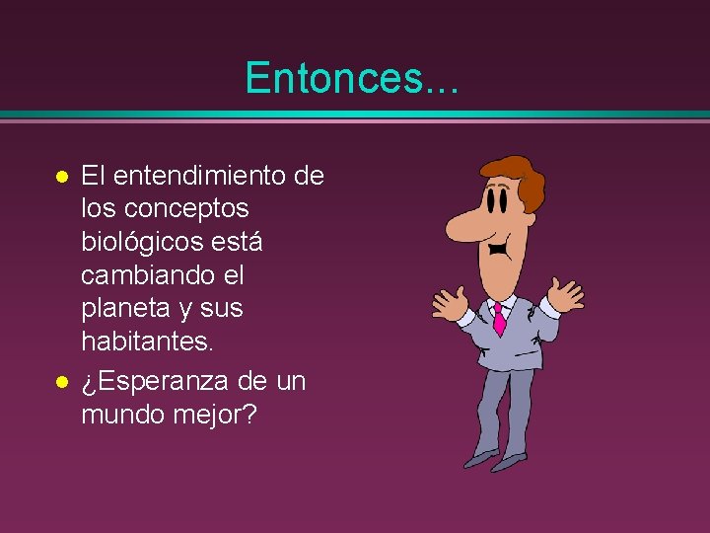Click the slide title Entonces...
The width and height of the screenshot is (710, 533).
point(351,77)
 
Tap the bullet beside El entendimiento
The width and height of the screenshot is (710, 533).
point(61,178)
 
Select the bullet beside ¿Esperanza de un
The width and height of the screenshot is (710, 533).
point(61,381)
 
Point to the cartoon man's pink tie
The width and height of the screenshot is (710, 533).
point(499,319)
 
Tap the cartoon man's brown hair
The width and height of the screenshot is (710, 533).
point(523,178)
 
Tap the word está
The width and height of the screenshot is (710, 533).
point(240,243)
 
